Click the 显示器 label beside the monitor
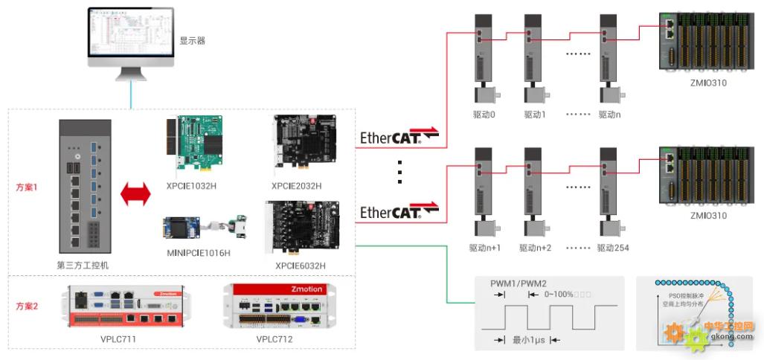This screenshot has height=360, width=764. pyautogui.click(x=192, y=41)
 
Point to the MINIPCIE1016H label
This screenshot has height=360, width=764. pyautogui.click(x=199, y=253)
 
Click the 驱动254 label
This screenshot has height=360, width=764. pyautogui.click(x=613, y=248)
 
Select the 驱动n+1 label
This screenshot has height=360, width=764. pyautogui.click(x=485, y=248)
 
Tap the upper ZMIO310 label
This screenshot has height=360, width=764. pyautogui.click(x=708, y=83)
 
